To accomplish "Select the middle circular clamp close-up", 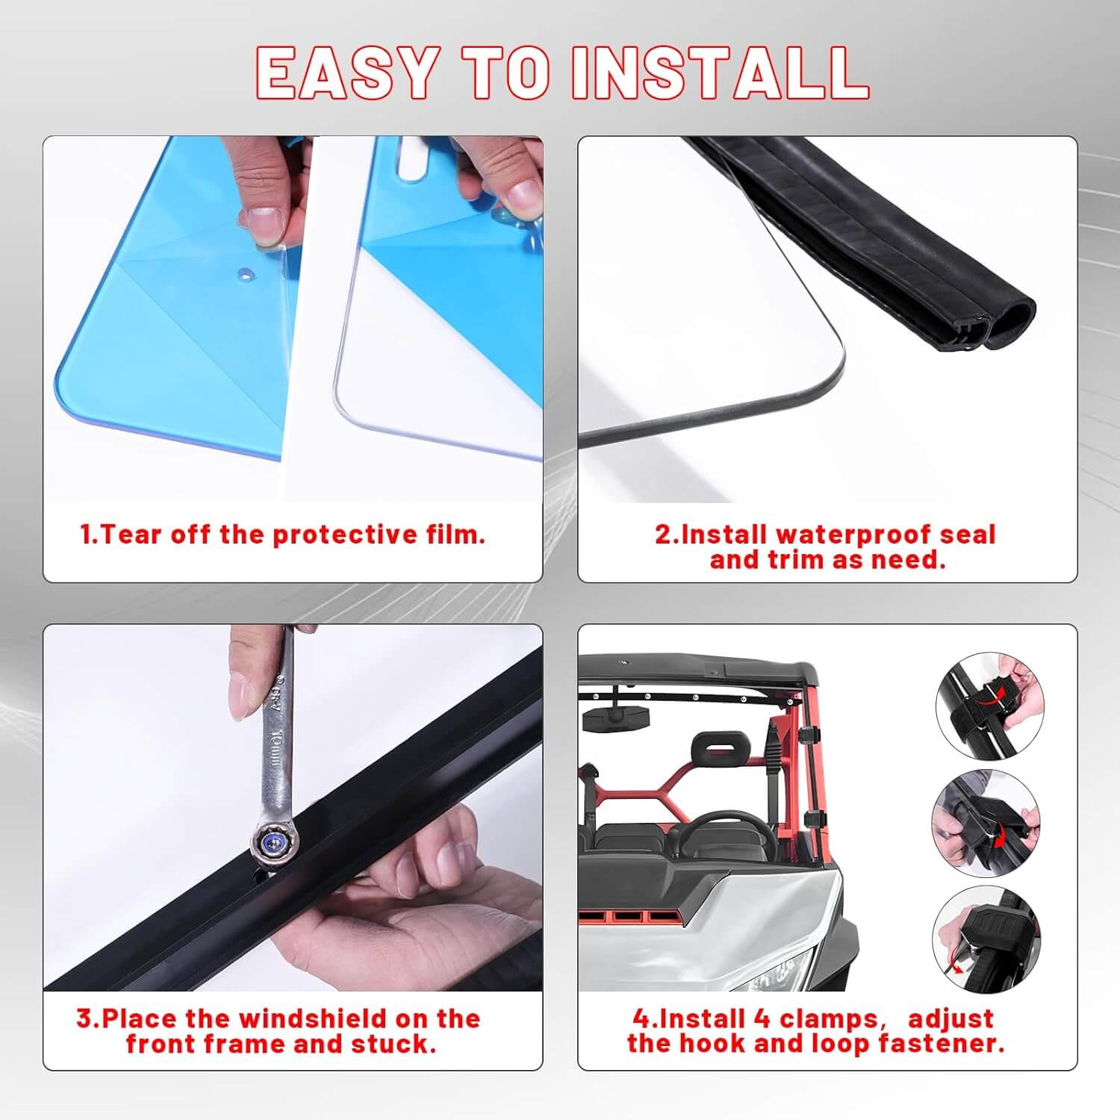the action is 986,822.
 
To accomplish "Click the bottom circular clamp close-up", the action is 986,940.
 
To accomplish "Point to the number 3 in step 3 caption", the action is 84,1018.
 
